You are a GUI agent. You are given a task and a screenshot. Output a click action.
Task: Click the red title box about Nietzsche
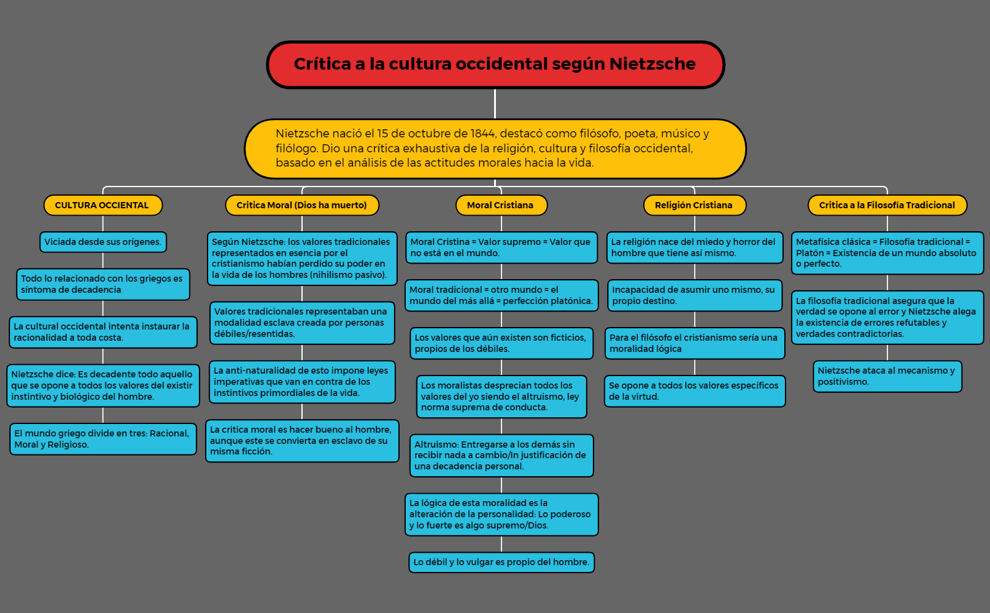tap(495, 65)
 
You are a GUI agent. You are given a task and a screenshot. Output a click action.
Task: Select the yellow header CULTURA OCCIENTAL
tap(103, 205)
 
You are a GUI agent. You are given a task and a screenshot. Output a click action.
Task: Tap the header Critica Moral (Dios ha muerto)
tap(302, 205)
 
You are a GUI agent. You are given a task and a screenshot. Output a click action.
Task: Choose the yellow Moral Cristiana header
tap(501, 205)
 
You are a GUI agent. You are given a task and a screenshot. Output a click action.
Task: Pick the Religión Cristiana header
tap(694, 205)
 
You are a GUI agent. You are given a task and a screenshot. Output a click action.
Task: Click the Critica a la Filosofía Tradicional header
tap(887, 205)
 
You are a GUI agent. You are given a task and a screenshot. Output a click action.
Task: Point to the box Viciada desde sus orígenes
tap(103, 242)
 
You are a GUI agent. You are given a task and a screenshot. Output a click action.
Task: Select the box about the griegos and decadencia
tap(103, 284)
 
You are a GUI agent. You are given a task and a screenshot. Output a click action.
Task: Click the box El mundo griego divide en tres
tap(103, 439)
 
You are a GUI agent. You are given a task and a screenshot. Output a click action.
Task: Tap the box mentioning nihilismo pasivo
tap(302, 259)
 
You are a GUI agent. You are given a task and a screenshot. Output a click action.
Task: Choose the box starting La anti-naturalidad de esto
tap(302, 382)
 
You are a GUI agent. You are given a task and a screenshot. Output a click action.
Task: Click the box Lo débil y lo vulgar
tap(502, 562)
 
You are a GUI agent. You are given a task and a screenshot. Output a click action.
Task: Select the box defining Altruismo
tap(502, 456)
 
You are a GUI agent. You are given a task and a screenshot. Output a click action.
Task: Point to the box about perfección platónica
tap(502, 295)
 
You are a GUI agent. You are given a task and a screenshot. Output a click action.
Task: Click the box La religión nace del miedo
tap(694, 247)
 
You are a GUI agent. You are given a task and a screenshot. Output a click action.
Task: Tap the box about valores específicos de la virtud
tap(694, 391)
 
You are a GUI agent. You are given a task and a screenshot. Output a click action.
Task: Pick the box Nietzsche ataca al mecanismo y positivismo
tap(887, 376)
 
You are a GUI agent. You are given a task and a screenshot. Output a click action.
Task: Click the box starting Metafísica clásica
tap(887, 253)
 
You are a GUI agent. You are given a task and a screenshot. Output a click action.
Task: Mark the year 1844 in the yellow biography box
tap(482, 134)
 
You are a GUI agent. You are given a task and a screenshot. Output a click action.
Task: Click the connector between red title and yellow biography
tap(495, 104)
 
